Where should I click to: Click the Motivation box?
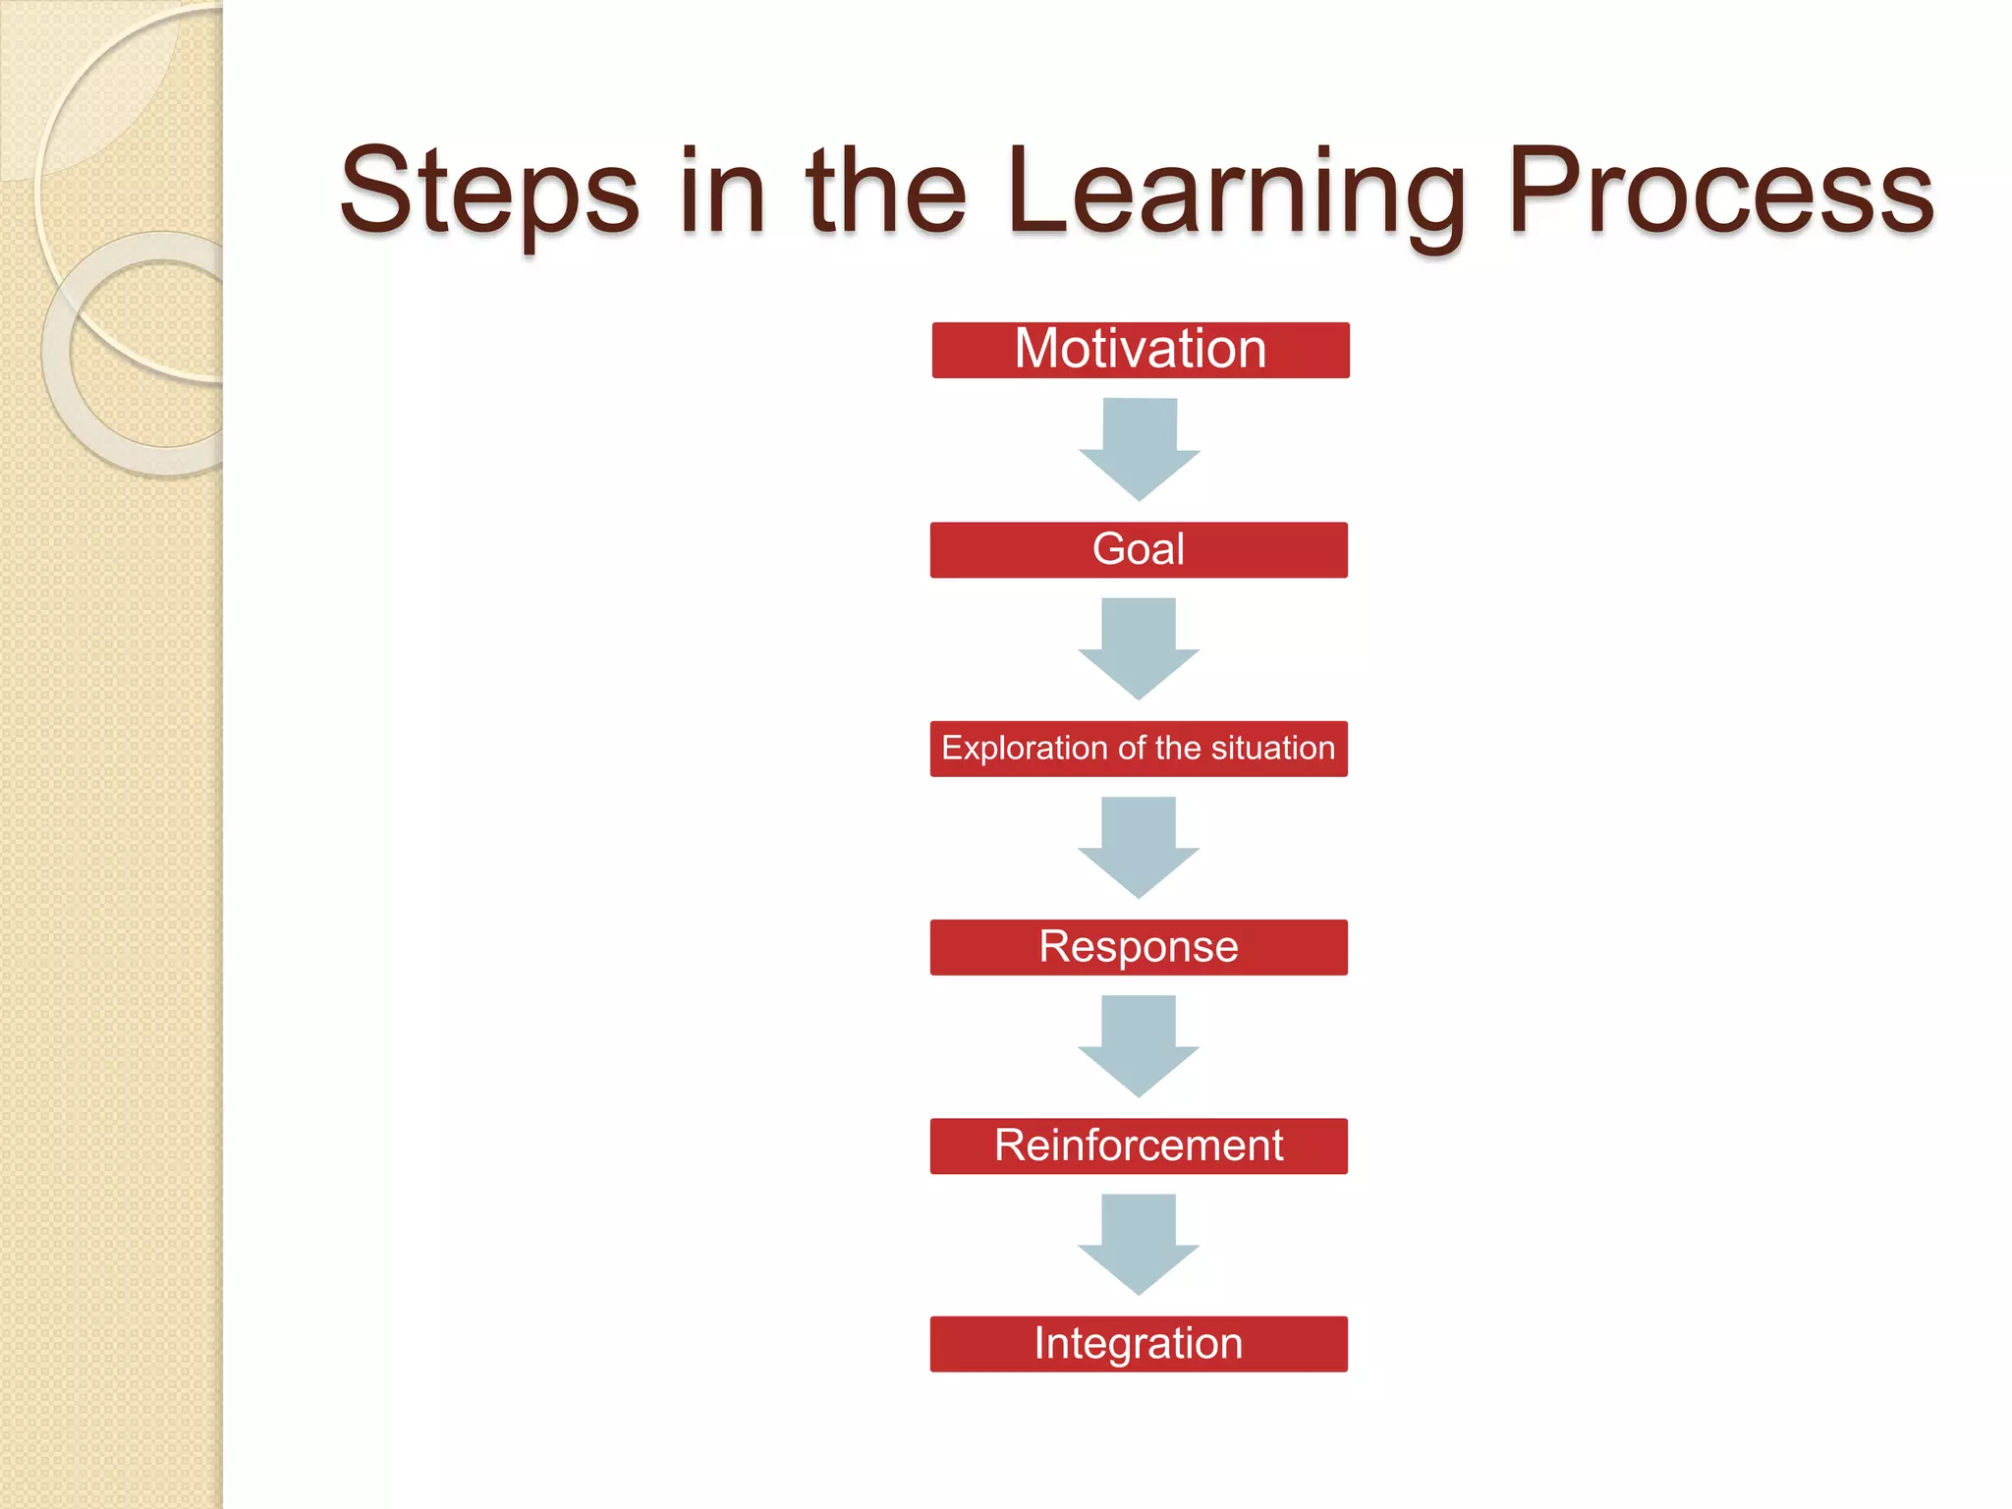pos(1140,350)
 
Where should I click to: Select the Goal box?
pos(1139,549)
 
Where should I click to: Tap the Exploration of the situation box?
pos(1139,749)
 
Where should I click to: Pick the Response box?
pos(1139,947)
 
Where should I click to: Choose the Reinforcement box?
pos(1139,1146)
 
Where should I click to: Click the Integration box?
pos(1139,1344)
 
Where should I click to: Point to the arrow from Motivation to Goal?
pos(1140,447)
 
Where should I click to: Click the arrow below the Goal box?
pos(1139,646)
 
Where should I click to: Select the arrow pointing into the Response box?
pos(1139,846)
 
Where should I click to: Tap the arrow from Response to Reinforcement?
pos(1139,1044)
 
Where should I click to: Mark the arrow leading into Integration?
pos(1139,1243)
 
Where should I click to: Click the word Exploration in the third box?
pos(1025,749)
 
